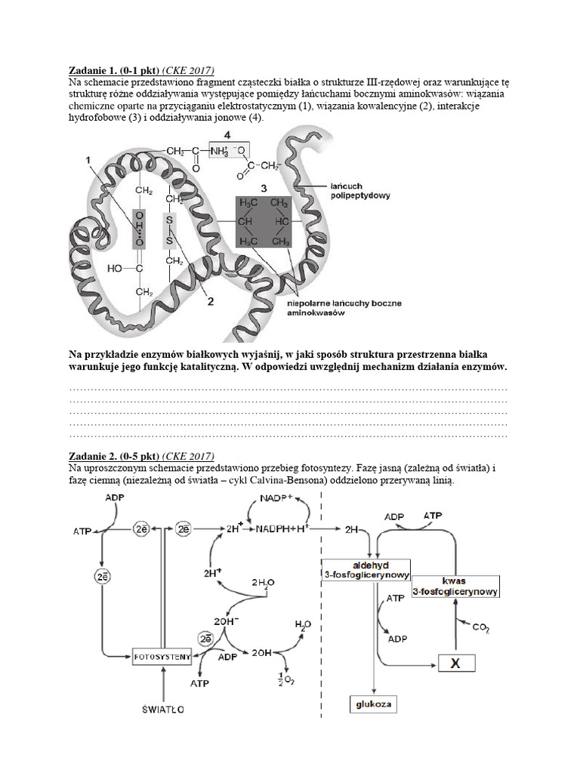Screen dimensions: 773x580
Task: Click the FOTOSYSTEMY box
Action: [x=162, y=656]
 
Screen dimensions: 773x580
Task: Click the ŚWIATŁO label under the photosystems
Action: [x=164, y=710]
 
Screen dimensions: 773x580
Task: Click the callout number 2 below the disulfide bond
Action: [x=211, y=302]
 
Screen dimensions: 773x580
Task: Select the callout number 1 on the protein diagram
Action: [x=88, y=160]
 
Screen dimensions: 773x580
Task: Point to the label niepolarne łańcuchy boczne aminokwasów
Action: [x=344, y=308]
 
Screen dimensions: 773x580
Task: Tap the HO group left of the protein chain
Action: [x=116, y=267]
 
